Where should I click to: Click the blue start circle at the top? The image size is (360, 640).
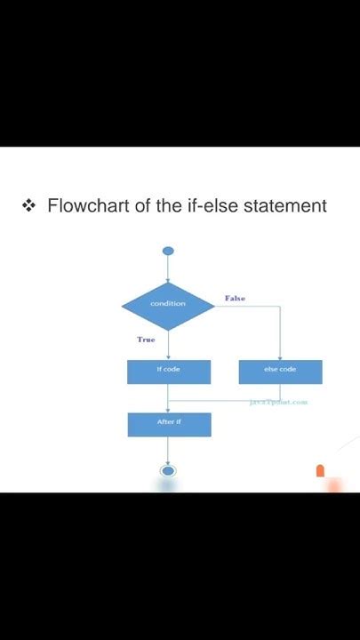168,251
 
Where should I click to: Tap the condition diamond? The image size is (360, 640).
168,305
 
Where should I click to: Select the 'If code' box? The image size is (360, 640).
169,371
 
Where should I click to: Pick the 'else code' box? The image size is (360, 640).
280,371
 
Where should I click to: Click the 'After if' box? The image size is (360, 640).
169,423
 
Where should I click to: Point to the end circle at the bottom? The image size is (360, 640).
167,470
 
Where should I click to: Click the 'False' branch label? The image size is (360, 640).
235,299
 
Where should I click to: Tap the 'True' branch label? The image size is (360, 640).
146,340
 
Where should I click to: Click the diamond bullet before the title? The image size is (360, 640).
28,206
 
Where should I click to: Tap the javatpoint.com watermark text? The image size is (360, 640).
279,402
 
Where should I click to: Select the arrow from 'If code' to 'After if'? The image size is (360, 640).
168,398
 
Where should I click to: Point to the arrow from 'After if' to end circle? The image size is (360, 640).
168,451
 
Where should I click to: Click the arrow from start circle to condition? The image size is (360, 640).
168,269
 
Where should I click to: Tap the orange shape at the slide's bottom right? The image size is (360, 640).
321,471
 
